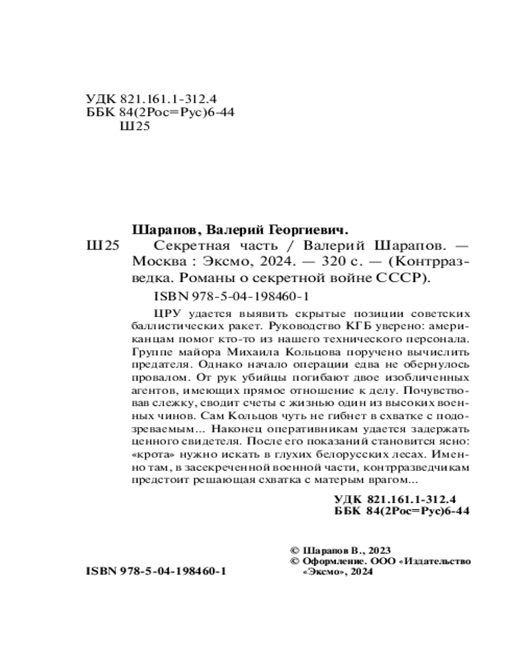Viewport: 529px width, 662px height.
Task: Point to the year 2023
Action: pos(378,551)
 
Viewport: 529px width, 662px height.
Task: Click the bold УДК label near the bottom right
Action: pos(347,500)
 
